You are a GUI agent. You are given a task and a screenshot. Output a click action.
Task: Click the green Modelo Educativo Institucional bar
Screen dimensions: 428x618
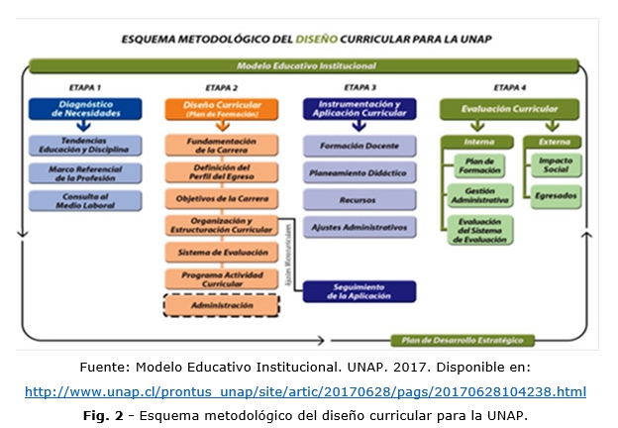306,66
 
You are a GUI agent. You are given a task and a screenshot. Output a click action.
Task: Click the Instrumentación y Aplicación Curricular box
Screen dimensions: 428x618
360,109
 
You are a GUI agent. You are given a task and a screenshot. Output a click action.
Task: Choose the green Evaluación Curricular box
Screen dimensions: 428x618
511,109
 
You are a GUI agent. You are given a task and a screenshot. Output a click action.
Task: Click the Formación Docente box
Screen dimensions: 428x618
359,146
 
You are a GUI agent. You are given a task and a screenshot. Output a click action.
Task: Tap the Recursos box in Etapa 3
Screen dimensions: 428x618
359,199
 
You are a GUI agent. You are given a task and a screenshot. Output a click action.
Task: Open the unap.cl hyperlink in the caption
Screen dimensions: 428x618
304,392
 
